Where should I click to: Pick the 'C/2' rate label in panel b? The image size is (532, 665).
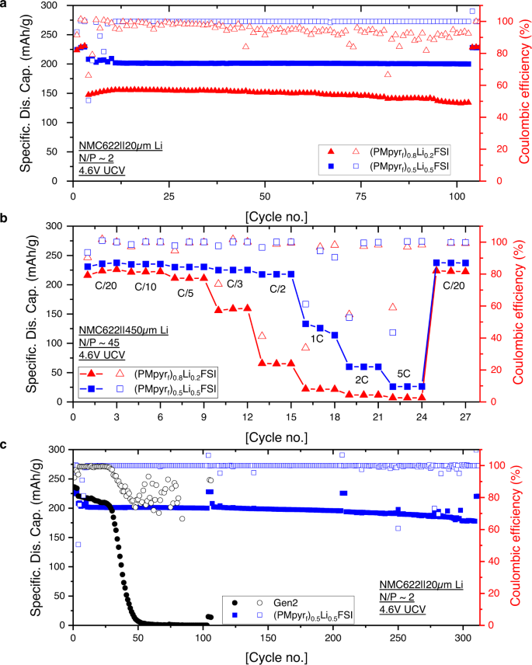tap(279, 288)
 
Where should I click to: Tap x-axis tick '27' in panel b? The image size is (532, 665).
tap(466, 417)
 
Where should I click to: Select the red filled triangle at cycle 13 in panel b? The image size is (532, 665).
tap(263, 363)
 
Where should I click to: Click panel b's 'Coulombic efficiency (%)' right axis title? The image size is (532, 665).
tap(521, 314)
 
